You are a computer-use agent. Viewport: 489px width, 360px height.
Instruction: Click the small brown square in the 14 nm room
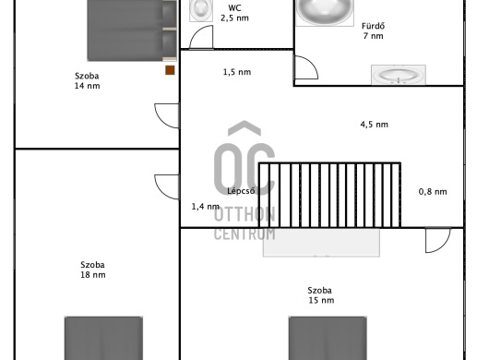[x=170, y=70]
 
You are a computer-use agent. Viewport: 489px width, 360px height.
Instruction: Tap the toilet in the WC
[x=201, y=10]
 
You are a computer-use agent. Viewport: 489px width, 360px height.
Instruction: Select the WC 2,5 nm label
[x=234, y=13]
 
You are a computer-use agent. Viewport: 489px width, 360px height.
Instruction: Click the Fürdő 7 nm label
[x=373, y=30]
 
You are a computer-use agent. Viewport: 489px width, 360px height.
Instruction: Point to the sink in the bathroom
[x=399, y=75]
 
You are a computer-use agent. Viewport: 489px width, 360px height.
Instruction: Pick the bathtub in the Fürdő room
[x=325, y=13]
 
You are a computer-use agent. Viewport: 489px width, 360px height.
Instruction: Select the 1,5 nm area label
[x=237, y=72]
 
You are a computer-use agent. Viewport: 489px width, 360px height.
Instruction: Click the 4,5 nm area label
[x=375, y=125]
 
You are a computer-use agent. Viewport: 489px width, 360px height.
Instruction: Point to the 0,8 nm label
[x=433, y=192]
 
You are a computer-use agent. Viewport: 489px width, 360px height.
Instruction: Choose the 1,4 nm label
[x=206, y=206]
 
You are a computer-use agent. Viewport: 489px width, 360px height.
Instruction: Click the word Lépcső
[x=241, y=191]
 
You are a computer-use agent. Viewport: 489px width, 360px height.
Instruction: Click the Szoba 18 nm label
[x=93, y=270]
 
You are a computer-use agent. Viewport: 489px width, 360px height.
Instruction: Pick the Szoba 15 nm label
[x=321, y=295]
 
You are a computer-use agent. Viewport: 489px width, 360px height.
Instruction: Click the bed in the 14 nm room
[x=132, y=30]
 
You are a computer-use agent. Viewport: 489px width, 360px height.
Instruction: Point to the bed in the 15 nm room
[x=328, y=338]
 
